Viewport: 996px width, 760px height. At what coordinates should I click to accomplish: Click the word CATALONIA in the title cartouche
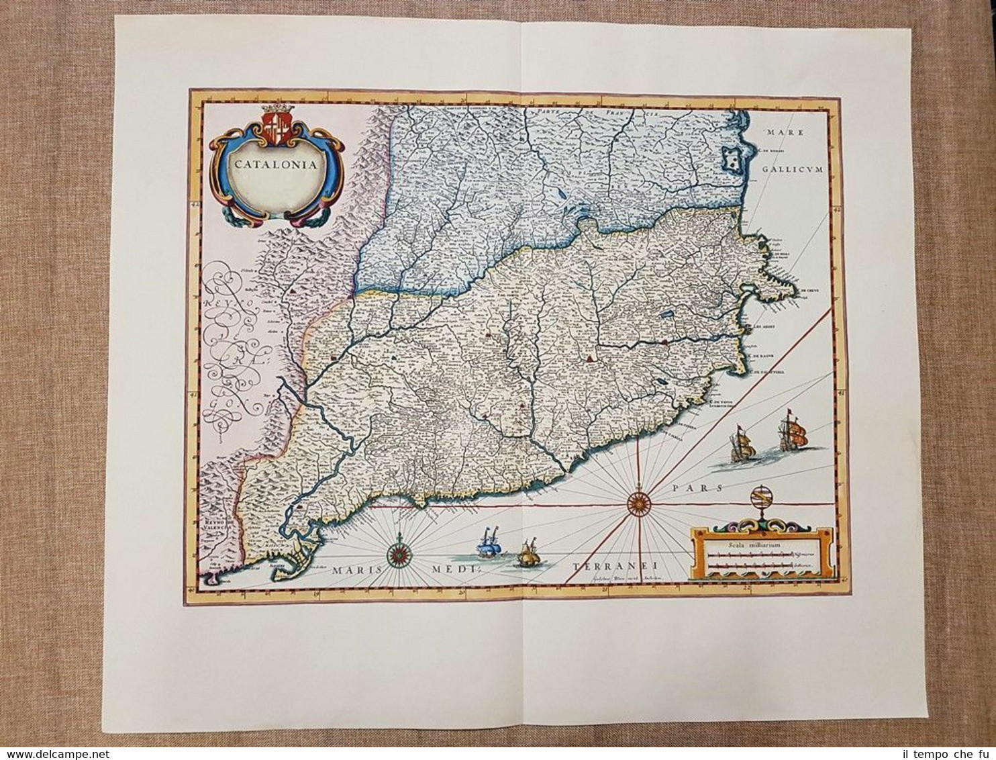pyautogui.click(x=277, y=163)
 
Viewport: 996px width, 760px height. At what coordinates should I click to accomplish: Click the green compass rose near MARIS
pyautogui.click(x=401, y=555)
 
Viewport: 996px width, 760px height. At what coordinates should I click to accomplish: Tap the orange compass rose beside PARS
pyautogui.click(x=638, y=500)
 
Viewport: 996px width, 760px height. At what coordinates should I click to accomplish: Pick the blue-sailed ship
pyautogui.click(x=488, y=546)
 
